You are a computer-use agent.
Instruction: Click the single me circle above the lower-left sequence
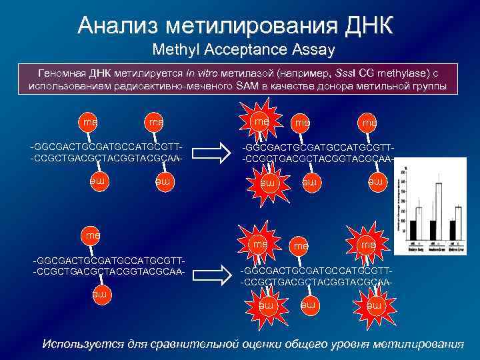coord(90,235)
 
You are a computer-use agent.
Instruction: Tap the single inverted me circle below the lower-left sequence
coord(101,294)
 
